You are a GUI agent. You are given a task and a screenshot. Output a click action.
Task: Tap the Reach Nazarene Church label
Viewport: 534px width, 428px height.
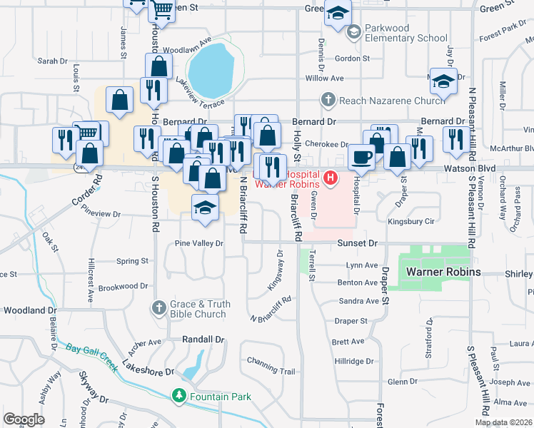(x=392, y=101)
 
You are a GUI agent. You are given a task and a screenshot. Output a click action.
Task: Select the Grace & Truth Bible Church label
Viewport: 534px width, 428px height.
(x=200, y=309)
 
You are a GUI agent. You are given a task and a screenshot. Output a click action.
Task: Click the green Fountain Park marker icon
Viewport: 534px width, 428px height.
(x=179, y=396)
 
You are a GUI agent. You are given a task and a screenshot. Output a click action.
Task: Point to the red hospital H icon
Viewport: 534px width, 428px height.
(x=331, y=177)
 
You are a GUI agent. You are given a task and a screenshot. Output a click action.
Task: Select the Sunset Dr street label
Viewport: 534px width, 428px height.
(x=357, y=243)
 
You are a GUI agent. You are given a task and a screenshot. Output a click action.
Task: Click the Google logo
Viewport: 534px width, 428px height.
(x=24, y=419)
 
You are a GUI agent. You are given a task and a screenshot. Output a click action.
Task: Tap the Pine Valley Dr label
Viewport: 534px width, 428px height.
(x=199, y=243)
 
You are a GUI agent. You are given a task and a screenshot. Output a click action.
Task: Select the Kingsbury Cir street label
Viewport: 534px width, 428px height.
(x=410, y=222)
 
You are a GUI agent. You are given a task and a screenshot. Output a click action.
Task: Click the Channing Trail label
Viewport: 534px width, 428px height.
(x=271, y=371)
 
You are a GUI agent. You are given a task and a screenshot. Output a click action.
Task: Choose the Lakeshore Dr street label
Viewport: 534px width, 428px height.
(x=148, y=372)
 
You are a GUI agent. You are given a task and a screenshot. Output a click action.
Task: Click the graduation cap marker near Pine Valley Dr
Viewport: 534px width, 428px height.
(x=205, y=208)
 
